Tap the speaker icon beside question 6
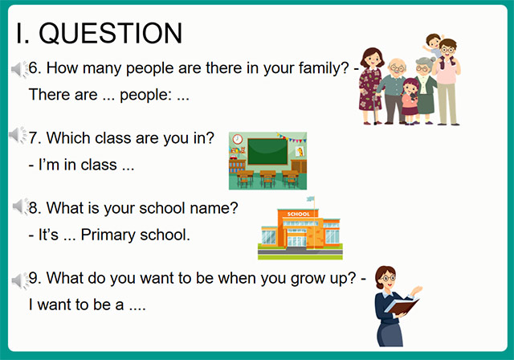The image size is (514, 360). (x=18, y=70)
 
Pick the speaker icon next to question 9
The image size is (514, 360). (x=18, y=279)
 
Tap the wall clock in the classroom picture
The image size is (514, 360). (x=238, y=139)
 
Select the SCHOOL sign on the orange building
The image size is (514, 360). (x=299, y=215)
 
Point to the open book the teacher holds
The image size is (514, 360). (x=402, y=306)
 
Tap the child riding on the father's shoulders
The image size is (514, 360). (x=434, y=46)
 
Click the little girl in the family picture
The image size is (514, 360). (x=410, y=96)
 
